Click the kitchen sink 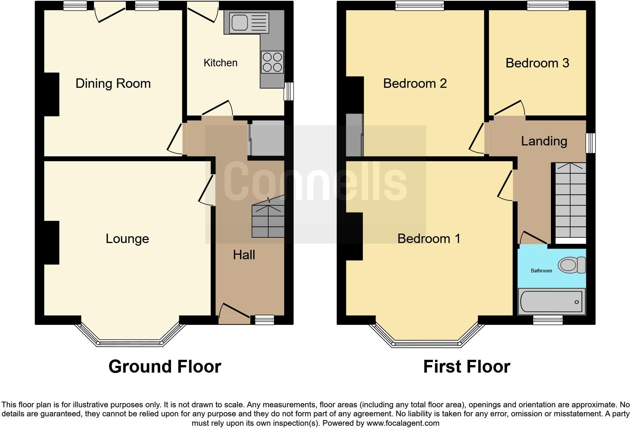pyautogui.click(x=246, y=23)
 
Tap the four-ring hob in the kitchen pyautogui.click(x=272, y=62)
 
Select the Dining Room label pyautogui.click(x=113, y=83)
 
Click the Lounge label pyautogui.click(x=127, y=238)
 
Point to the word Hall pyautogui.click(x=244, y=255)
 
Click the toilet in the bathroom pyautogui.click(x=571, y=265)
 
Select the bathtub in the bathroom pyautogui.click(x=552, y=302)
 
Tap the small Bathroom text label pyautogui.click(x=541, y=271)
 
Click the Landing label pyautogui.click(x=544, y=141)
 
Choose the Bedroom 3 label pyautogui.click(x=537, y=63)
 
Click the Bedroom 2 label pyautogui.click(x=415, y=83)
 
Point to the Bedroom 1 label pyautogui.click(x=429, y=238)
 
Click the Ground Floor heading pyautogui.click(x=165, y=366)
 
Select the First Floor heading pyautogui.click(x=466, y=366)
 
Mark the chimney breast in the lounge pyautogui.click(x=52, y=242)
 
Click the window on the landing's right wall pyautogui.click(x=590, y=142)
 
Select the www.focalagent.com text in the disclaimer pyautogui.click(x=403, y=423)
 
